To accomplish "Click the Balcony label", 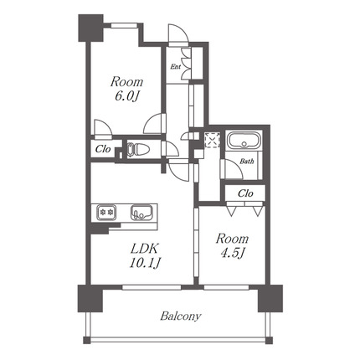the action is click(181, 316).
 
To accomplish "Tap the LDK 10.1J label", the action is click(145, 255).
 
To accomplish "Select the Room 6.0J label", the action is click(126, 89).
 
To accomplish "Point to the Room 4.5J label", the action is click(233, 246).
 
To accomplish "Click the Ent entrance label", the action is click(176, 67).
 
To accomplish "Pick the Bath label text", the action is click(247, 161).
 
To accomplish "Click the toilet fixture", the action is click(138, 149).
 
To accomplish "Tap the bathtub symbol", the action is click(244, 141).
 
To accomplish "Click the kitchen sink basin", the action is click(141, 213).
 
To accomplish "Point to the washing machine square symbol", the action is click(212, 140).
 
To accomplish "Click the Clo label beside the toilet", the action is click(103, 149).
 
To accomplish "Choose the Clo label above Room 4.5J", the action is click(245, 193).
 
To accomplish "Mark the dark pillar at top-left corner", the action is click(90, 28).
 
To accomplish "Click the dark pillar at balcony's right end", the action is click(270, 298).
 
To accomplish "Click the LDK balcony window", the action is click(152, 287).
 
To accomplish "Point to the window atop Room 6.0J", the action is click(124, 25).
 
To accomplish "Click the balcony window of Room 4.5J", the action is click(226, 287).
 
